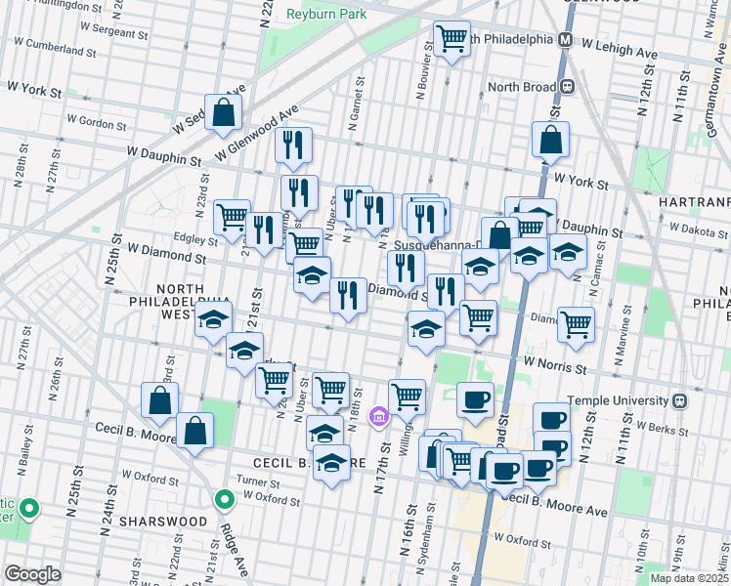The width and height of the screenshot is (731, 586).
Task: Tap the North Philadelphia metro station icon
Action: coord(564,40)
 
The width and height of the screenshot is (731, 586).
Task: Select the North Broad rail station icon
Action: coord(566,86)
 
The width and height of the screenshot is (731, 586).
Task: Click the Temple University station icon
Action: coord(679,400)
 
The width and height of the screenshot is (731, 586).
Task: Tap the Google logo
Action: coord(31,574)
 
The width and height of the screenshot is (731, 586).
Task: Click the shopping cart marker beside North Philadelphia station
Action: coord(451,40)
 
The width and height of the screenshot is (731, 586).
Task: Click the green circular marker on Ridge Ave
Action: coord(225,501)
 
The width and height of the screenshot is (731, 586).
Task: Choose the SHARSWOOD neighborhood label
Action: coord(164,522)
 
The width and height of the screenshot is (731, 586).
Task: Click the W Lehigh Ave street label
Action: coord(617,44)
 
